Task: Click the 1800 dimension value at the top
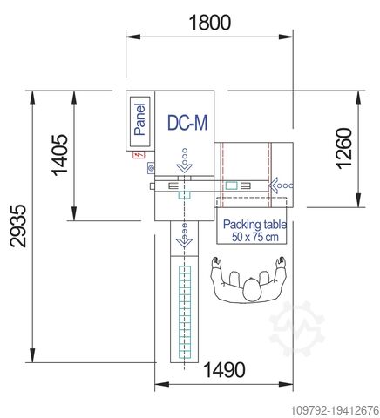point(210,22)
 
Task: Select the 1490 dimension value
point(224,370)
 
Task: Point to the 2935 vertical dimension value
point(17,228)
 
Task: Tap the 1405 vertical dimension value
point(60,155)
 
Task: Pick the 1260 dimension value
point(343,151)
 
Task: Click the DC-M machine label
point(187,124)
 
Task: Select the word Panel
point(139,120)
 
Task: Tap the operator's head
point(252,283)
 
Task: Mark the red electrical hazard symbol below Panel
point(137,155)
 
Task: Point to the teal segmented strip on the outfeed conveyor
point(184,313)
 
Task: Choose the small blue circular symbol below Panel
point(150,167)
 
